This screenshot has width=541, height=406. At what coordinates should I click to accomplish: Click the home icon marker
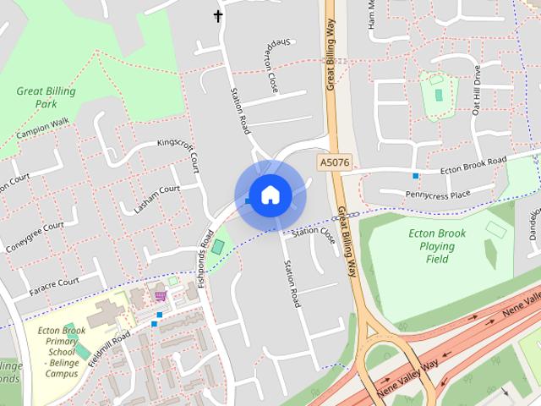click(x=270, y=195)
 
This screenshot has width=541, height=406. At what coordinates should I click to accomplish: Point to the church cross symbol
click(x=218, y=15)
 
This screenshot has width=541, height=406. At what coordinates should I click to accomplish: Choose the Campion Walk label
click(x=41, y=128)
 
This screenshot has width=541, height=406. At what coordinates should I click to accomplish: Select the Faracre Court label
click(x=53, y=282)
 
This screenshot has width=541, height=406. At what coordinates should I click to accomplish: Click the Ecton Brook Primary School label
click(x=62, y=351)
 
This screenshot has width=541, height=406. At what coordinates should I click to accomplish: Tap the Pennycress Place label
click(x=437, y=195)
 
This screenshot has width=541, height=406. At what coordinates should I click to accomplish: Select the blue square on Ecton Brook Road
click(x=415, y=176)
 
